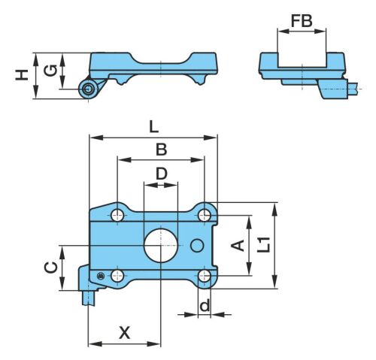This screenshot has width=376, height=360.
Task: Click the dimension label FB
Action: coord(302,21)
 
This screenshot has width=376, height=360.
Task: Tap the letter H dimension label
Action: coord(22,75)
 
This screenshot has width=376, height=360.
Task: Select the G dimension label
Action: coord(50,70)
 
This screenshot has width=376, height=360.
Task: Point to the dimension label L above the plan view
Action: coord(153,127)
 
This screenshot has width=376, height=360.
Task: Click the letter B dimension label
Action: coord(161,150)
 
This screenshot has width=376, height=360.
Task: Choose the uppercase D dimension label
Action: coord(161,174)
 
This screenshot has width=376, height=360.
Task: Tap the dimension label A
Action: coord(238,245)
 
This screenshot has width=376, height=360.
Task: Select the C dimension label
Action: coord(51,268)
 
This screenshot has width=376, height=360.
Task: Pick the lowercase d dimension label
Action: coord(205,305)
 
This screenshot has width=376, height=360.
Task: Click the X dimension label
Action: coord(125,333)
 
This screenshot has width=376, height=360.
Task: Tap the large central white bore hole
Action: coord(161,245)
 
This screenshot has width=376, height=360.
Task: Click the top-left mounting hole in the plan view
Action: coord(117,215)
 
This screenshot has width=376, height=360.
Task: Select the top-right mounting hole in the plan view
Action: coord(205,215)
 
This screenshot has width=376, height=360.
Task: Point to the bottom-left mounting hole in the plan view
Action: coord(117,276)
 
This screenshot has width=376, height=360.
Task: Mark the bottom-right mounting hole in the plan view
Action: coord(205,276)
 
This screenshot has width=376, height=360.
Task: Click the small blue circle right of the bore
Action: coord(197,245)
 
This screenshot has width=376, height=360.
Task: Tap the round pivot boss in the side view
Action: coord(88,89)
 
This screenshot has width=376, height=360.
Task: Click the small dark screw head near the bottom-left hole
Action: coord(101,276)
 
